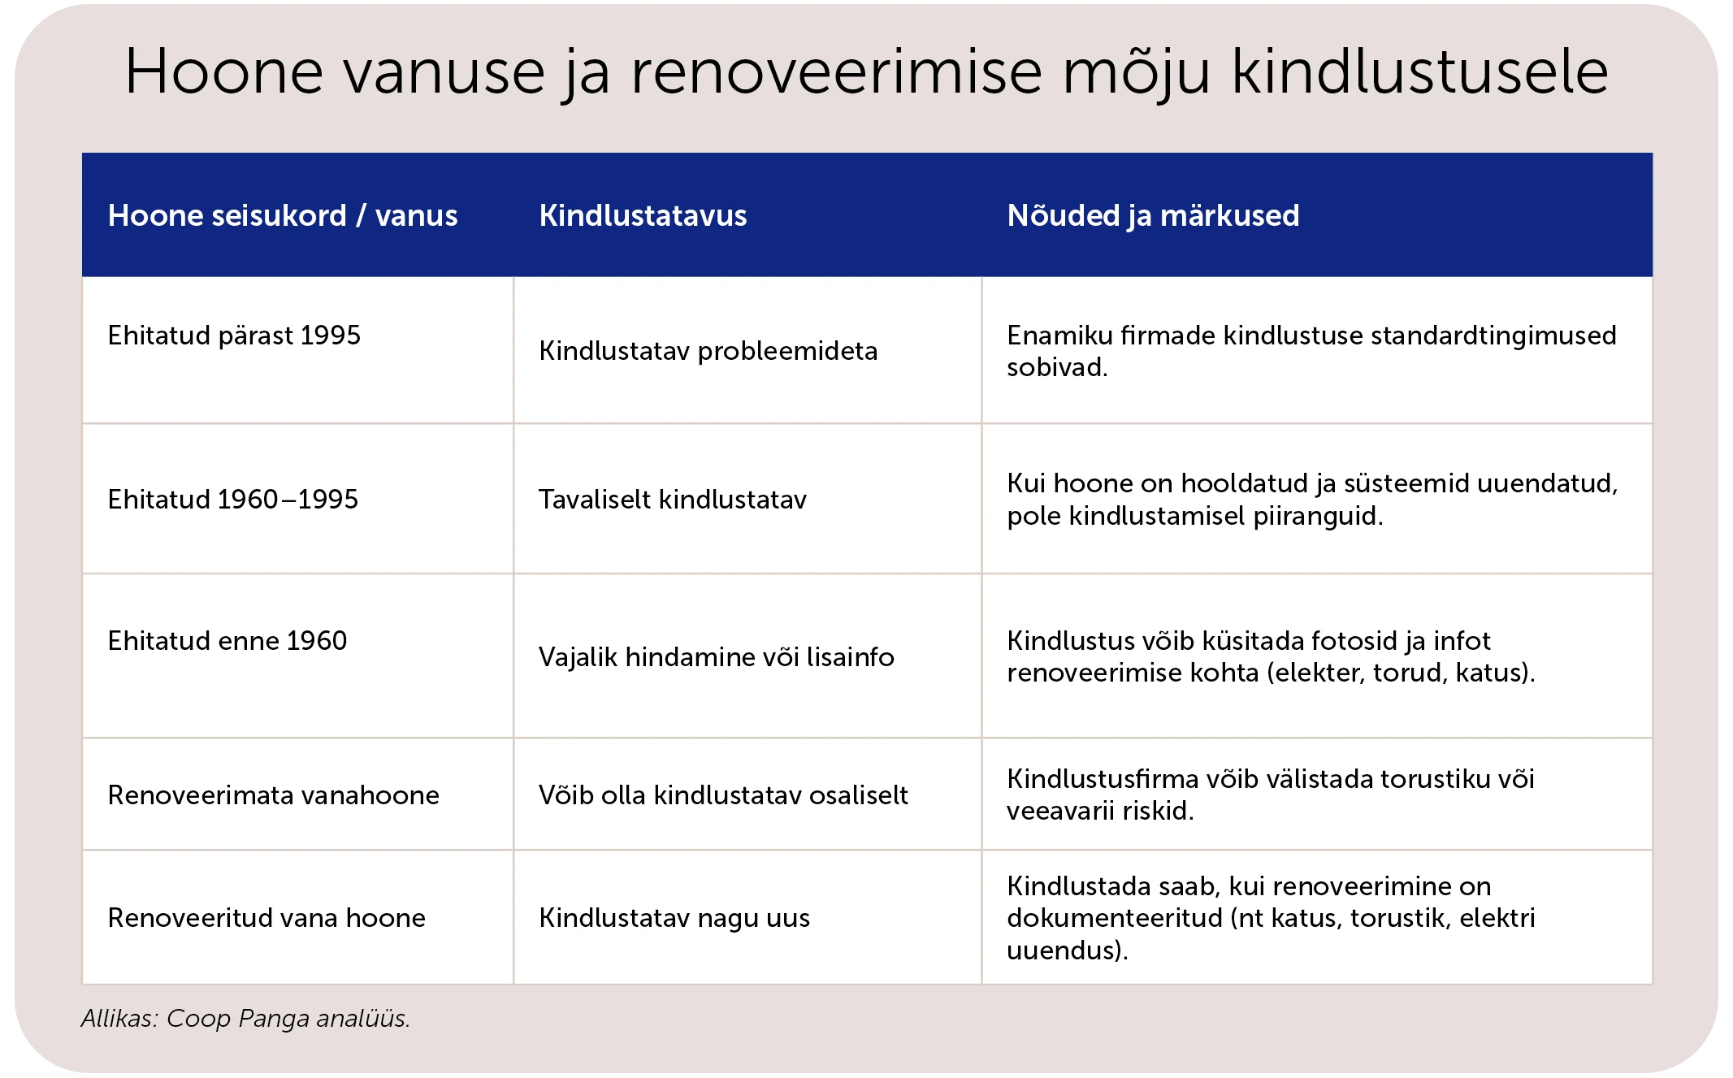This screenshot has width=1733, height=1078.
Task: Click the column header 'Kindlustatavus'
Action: click(x=643, y=216)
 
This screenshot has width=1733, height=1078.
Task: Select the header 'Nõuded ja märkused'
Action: click(x=1152, y=216)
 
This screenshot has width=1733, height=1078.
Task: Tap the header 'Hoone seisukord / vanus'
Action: click(x=283, y=216)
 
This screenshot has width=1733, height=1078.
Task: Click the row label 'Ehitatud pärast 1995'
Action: click(x=234, y=336)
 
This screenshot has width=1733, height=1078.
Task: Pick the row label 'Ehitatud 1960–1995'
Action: click(x=232, y=500)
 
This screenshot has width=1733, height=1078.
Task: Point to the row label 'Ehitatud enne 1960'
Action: click(x=227, y=641)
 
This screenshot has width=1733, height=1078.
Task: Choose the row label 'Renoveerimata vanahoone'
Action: click(x=273, y=795)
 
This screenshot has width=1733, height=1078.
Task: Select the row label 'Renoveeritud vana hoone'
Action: click(x=266, y=918)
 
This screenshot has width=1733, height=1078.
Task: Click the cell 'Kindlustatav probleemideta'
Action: click(x=708, y=351)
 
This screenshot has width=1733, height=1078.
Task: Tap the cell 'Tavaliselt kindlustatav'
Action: click(x=673, y=500)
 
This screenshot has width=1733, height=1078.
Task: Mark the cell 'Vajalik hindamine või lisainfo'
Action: click(x=716, y=657)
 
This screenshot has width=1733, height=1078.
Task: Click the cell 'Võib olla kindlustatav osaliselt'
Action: click(x=723, y=795)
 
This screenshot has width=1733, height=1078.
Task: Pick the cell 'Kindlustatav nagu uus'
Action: click(x=674, y=918)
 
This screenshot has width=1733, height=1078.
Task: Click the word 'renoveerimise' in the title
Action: click(x=836, y=71)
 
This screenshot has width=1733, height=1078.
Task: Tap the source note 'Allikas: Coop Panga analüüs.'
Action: click(x=245, y=1019)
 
